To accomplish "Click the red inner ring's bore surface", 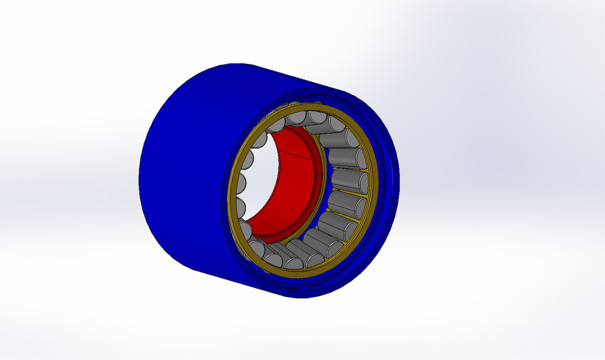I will [287, 189].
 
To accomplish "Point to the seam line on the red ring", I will [296, 153].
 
